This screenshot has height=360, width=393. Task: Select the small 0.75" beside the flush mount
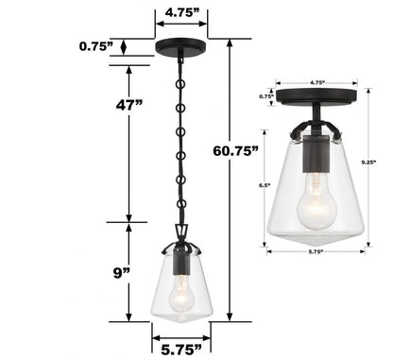tap(266, 96)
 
